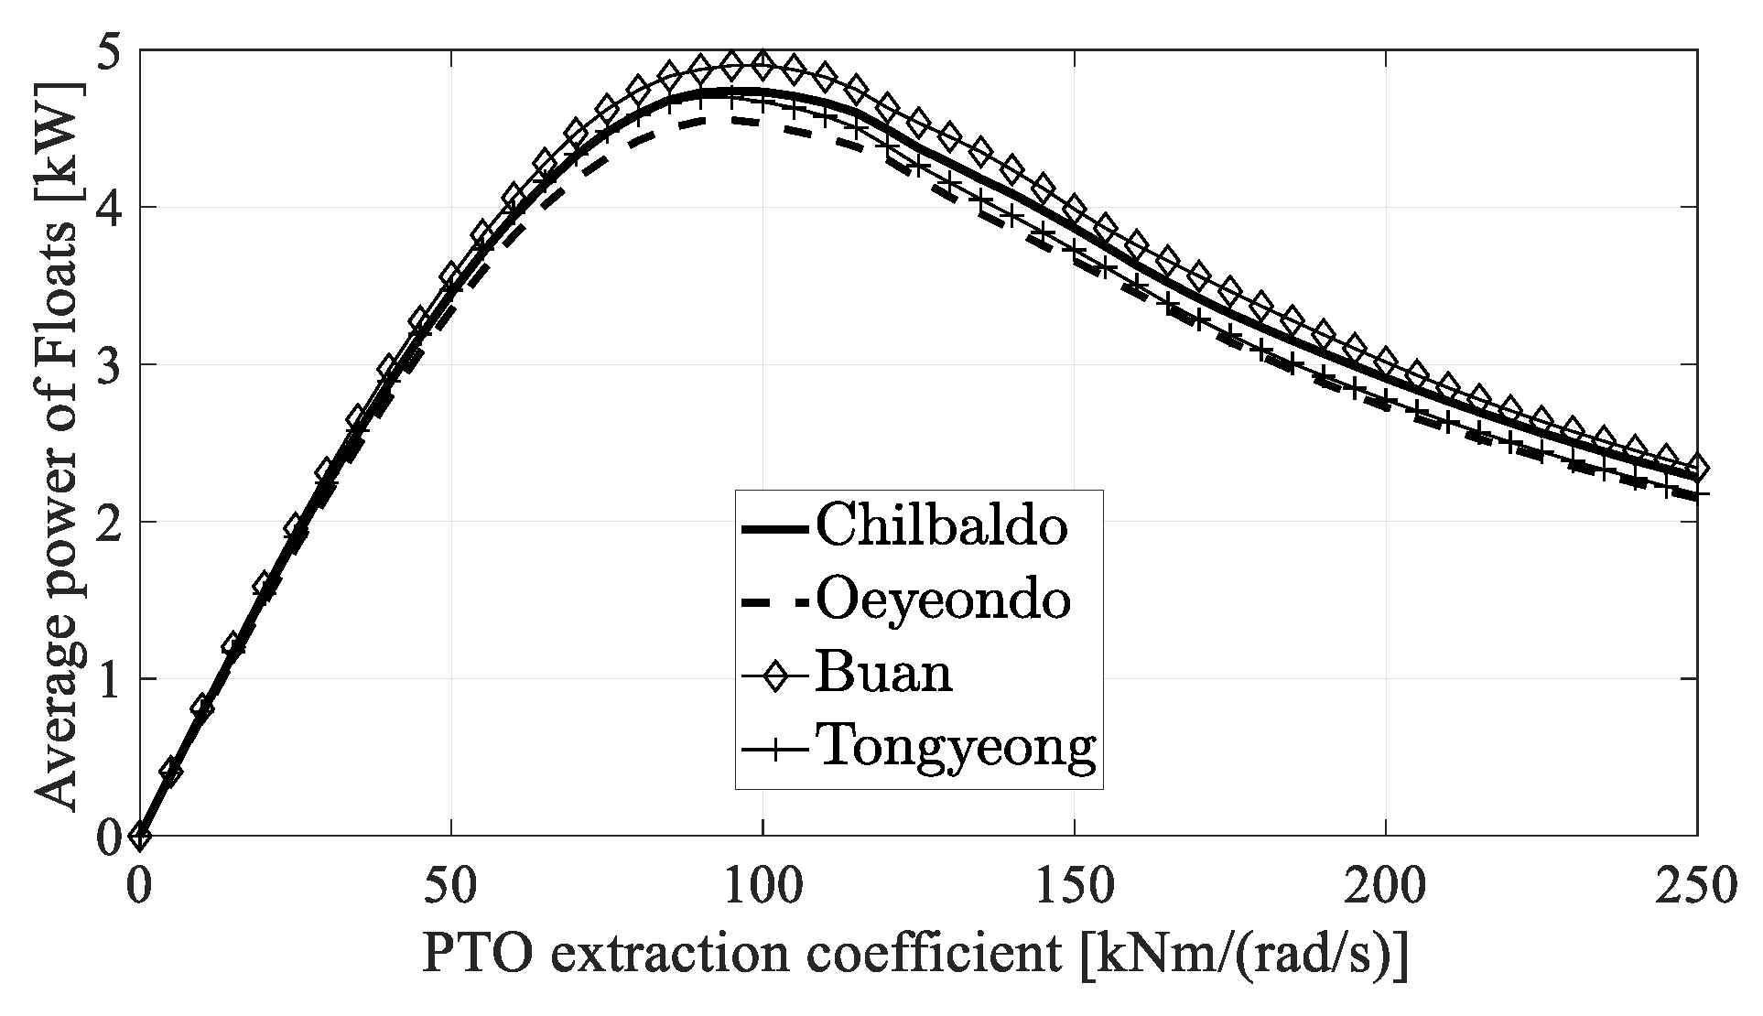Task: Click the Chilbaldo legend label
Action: click(x=941, y=527)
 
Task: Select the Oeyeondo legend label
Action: click(x=943, y=600)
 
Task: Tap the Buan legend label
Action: click(x=883, y=674)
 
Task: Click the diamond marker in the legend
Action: click(x=774, y=676)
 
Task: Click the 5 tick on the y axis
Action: click(x=110, y=51)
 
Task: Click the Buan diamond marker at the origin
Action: click(x=139, y=835)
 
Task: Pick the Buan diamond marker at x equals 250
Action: click(x=1696, y=467)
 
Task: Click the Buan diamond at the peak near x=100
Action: click(x=762, y=65)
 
